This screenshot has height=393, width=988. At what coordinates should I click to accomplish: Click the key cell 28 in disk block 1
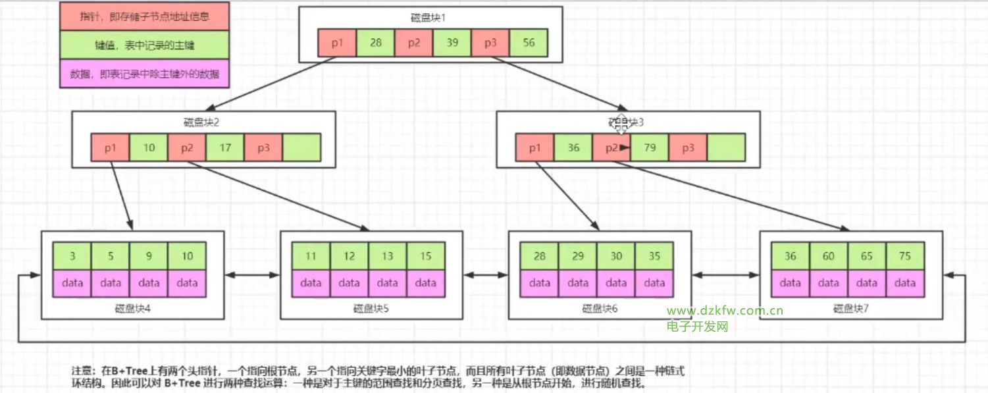tap(376, 43)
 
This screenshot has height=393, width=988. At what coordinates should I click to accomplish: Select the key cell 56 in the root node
tap(529, 43)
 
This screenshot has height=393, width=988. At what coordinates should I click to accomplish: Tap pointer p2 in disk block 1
tap(414, 43)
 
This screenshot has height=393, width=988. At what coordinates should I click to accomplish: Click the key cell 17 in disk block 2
tap(225, 147)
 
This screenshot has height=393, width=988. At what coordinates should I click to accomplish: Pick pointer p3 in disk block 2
tap(263, 147)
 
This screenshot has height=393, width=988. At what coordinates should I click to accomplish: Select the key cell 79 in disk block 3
tap(650, 147)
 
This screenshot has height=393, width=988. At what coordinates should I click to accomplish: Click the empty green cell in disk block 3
tap(726, 147)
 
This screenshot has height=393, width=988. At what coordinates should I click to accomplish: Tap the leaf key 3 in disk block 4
tap(72, 256)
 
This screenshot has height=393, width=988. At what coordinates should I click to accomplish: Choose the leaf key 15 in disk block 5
tap(426, 256)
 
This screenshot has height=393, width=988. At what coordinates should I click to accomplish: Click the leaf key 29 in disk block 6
tap(578, 256)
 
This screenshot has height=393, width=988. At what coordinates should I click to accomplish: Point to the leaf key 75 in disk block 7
tap(904, 256)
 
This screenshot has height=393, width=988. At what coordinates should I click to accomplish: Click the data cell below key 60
tap(829, 283)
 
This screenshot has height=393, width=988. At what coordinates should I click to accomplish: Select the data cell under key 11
tap(311, 283)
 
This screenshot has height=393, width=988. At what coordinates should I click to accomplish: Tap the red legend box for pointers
tap(144, 16)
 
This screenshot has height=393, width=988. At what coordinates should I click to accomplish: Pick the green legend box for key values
tap(144, 45)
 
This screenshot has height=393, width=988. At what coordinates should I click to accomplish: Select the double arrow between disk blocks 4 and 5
tap(253, 275)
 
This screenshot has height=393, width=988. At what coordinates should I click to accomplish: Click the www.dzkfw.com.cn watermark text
tap(725, 311)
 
